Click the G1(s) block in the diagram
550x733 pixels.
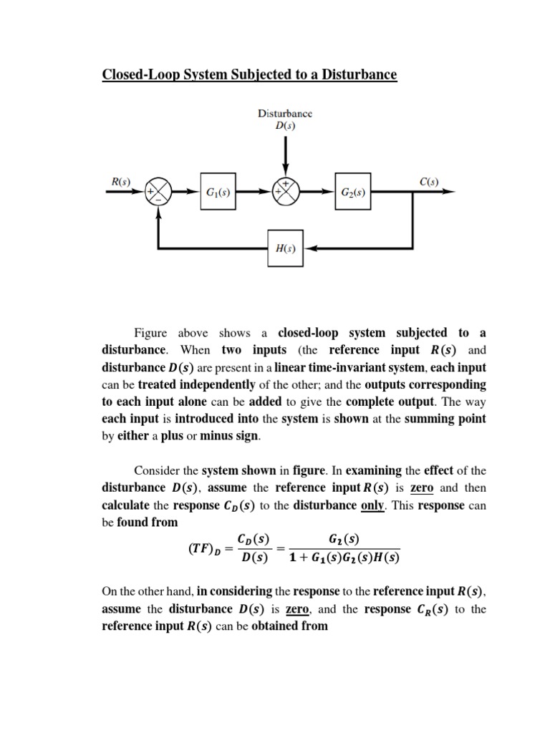pos(217,192)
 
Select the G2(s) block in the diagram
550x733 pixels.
pos(353,192)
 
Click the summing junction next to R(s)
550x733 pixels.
pos(158,192)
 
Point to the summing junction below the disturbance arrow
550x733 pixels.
pos(285,192)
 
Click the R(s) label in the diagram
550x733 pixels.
pos(120,182)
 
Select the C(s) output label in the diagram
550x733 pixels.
pos(428,182)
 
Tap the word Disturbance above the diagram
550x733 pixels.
pos(285,113)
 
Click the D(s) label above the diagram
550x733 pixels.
pos(285,125)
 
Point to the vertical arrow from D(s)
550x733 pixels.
pos(285,154)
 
